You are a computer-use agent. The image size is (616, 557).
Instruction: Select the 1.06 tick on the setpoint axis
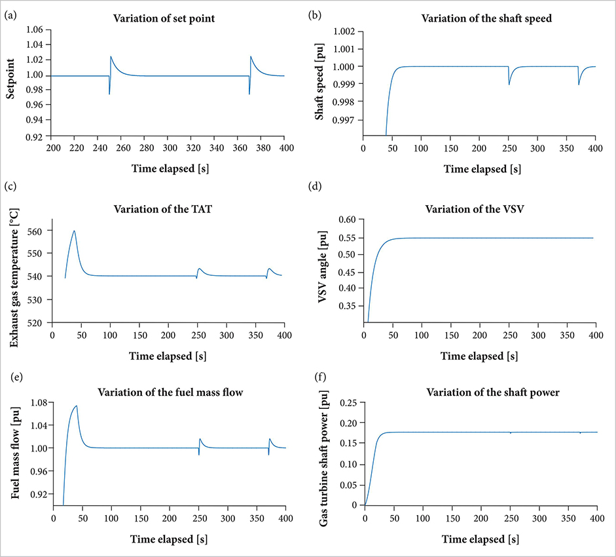34,29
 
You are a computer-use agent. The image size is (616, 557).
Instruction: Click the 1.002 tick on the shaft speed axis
345,31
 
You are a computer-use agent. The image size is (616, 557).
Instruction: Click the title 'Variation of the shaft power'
480,393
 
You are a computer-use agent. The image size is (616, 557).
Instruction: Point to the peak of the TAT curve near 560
75,231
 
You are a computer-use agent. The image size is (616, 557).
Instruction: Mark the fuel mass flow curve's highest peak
77,406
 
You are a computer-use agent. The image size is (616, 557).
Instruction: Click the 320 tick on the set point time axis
192,148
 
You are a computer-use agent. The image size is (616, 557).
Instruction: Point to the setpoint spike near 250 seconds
111,57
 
